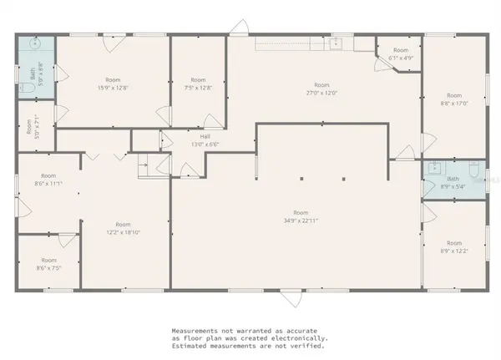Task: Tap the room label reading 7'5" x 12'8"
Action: tap(198, 84)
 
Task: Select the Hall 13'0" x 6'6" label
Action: tap(205, 140)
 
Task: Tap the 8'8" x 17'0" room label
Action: tap(454, 99)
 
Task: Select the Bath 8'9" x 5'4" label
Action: tap(453, 183)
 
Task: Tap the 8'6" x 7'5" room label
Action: tap(48, 264)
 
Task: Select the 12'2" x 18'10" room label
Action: tap(123, 228)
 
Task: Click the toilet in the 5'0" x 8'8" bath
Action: tap(27, 87)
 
